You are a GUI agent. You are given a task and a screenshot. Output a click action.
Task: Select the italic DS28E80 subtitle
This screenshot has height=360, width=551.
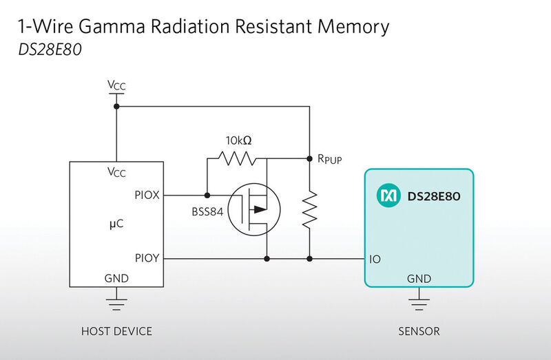pos(50,50)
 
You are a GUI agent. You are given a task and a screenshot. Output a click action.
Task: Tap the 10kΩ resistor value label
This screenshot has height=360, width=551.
pos(238,140)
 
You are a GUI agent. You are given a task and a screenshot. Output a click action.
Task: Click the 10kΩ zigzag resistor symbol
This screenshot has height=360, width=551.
pos(237,158)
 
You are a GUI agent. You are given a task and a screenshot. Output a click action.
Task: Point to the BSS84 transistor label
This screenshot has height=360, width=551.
pos(207,212)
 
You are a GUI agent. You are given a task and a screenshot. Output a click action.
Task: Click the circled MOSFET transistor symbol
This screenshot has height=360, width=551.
pos(253,210)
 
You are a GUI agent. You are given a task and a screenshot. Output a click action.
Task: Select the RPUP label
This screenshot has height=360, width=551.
pos(330,159)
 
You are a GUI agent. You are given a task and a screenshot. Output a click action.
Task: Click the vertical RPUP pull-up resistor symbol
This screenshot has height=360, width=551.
pos(309,210)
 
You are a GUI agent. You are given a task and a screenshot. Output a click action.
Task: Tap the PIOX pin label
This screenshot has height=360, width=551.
pos(147,195)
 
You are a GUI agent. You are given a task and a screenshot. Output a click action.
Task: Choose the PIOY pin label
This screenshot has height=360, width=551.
pos(147,258)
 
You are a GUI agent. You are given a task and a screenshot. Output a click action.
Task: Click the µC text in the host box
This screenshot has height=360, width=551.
pos(116,224)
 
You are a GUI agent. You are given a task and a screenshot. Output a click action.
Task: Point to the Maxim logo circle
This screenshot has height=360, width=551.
pos(388,195)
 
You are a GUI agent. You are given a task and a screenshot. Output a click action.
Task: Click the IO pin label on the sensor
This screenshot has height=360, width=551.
pos(375,260)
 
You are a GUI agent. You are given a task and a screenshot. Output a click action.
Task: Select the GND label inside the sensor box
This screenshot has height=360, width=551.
pos(419,279)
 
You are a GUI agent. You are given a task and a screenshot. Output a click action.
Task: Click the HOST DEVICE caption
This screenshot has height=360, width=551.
pos(116,331)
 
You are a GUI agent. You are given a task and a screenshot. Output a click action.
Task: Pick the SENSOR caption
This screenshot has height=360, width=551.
pos(419,331)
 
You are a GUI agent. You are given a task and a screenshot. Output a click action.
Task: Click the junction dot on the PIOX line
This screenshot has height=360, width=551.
pos(207,195)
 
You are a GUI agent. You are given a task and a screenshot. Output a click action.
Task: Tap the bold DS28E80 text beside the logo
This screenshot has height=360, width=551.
pos(434,196)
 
